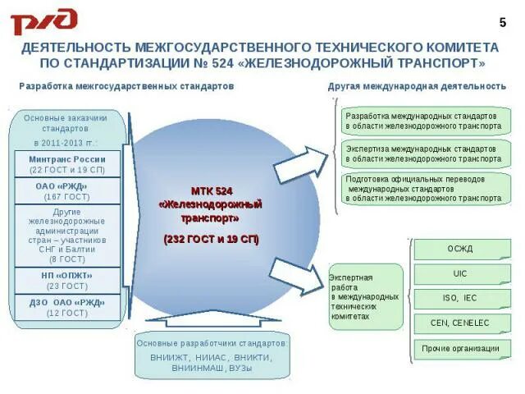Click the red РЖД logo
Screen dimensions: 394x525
(x=43, y=21)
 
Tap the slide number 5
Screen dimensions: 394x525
(x=503, y=21)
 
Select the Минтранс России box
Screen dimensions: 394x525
(x=67, y=164)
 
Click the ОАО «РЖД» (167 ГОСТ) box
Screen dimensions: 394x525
(x=67, y=190)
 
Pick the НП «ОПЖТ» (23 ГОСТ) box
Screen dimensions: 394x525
(x=67, y=280)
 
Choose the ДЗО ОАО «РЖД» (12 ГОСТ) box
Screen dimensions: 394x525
(x=67, y=306)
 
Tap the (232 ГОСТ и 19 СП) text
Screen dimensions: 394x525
(x=211, y=239)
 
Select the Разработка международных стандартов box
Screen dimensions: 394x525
(x=423, y=121)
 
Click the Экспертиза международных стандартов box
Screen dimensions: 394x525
(x=423, y=153)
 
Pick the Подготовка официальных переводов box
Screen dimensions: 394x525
(x=423, y=188)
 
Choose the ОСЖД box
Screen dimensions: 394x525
(x=459, y=249)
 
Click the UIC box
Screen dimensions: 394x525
(x=459, y=273)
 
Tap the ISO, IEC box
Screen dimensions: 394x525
(x=459, y=298)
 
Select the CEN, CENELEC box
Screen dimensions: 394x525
(x=459, y=323)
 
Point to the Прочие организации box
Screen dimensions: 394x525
(x=459, y=348)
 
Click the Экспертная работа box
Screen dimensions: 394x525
(x=365, y=296)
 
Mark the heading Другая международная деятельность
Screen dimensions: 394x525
(x=417, y=86)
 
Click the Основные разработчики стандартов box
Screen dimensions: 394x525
(x=212, y=355)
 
